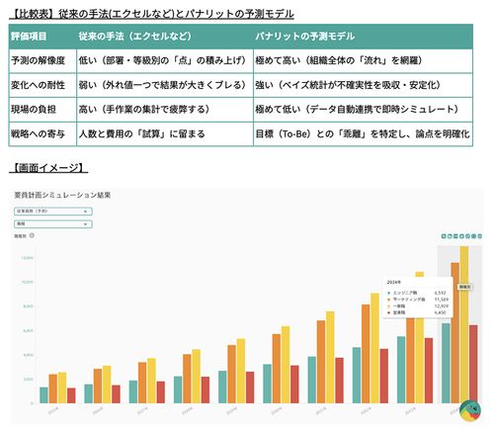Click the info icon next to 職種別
click(33, 236)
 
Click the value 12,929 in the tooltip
click(440, 306)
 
